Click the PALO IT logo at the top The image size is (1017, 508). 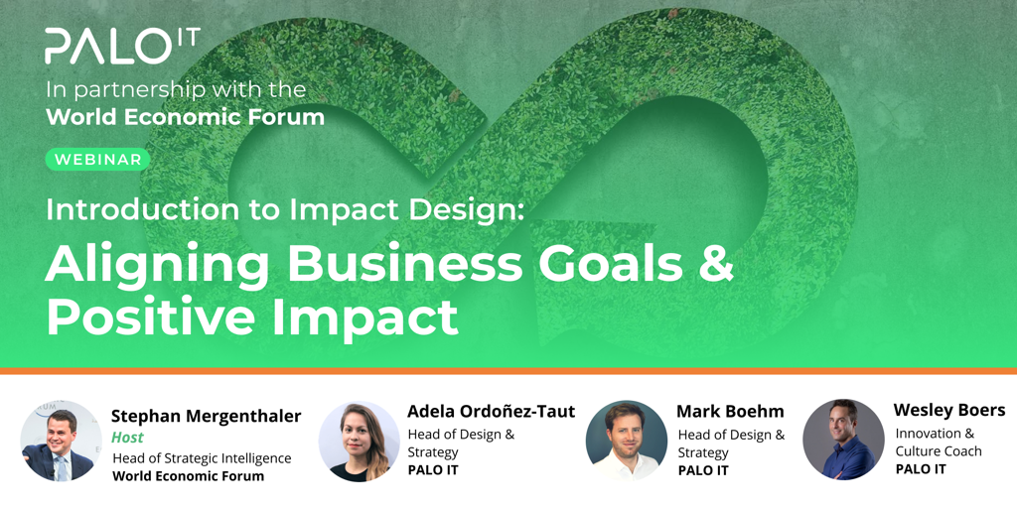click(122, 46)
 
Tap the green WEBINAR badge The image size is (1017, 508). click(98, 160)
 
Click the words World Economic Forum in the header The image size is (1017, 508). click(185, 117)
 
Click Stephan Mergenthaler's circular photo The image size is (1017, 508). click(61, 441)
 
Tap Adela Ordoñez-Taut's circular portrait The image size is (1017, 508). click(359, 442)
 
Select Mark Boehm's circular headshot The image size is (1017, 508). click(626, 441)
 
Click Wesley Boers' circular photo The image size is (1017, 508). click(843, 440)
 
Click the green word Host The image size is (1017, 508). click(128, 438)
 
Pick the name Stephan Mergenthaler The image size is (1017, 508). click(207, 417)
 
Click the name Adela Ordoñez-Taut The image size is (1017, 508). click(491, 412)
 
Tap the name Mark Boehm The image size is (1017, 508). click(730, 412)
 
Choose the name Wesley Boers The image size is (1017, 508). click(949, 410)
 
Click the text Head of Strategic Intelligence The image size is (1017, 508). click(202, 458)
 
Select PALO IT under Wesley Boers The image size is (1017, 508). click(921, 469)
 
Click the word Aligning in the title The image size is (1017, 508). click(156, 264)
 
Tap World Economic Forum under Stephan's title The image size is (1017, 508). click(188, 476)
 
